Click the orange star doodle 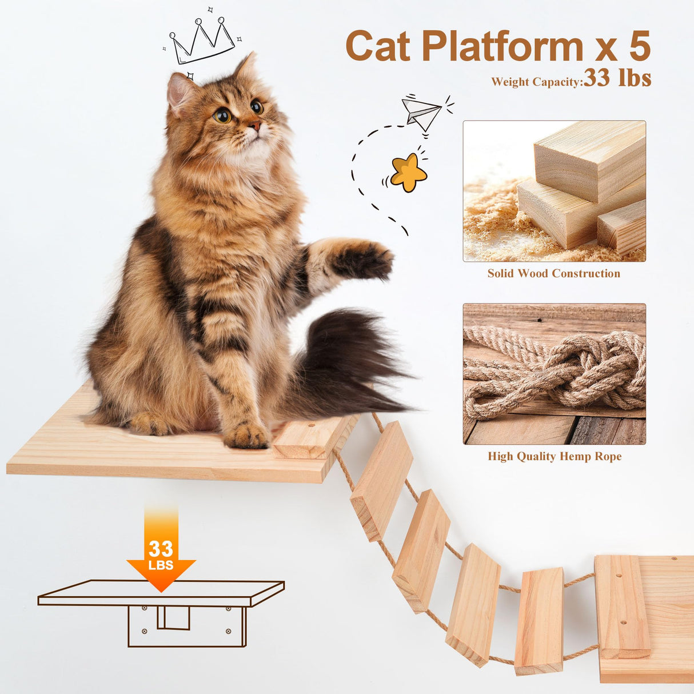[x=408, y=171]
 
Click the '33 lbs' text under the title [x=617, y=78]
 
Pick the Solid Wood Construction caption [x=553, y=273]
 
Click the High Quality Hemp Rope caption [x=554, y=456]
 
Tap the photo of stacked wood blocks [x=554, y=191]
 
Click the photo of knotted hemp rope [x=554, y=374]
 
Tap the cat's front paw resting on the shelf [x=246, y=436]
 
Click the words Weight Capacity [x=536, y=82]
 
